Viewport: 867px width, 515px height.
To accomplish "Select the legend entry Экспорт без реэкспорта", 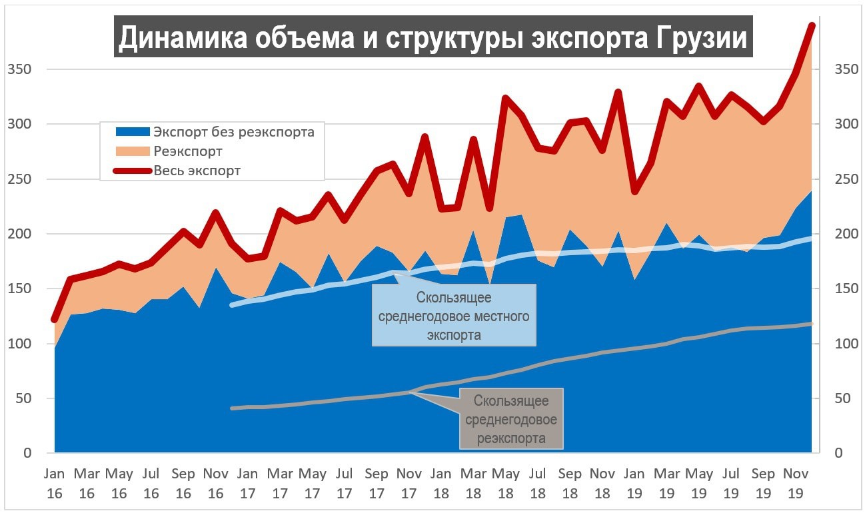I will [x=233, y=131].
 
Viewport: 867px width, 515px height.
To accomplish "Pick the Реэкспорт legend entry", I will [x=188, y=151].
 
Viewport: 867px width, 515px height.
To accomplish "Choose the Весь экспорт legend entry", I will [x=197, y=171].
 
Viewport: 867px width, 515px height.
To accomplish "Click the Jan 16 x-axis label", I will [x=55, y=484].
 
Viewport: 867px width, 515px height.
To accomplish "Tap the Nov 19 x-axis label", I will [x=796, y=484].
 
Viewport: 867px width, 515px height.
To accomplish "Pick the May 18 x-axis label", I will [x=506, y=484].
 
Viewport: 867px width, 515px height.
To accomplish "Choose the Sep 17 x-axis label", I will [x=377, y=484].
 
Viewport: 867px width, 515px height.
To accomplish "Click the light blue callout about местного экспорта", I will [x=454, y=316].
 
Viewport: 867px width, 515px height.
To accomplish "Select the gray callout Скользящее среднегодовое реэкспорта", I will [x=511, y=419].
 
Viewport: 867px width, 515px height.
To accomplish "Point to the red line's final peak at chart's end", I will [x=812, y=26].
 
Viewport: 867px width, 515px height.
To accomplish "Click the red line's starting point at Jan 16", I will [x=55, y=319].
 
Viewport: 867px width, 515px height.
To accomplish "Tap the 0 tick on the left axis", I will [x=27, y=453].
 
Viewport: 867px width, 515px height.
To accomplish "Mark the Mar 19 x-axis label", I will [x=667, y=484].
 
